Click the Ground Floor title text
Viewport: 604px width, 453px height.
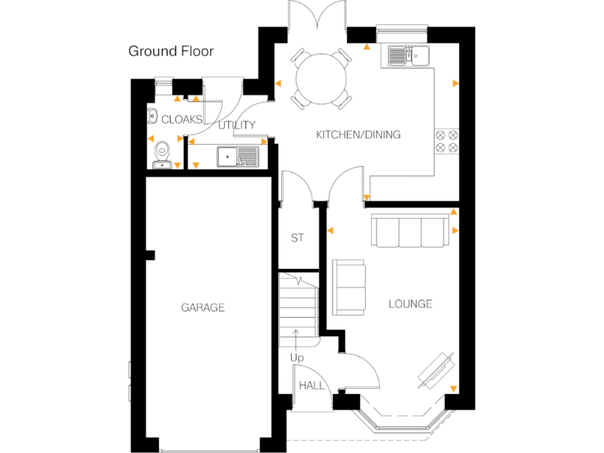pos(171,52)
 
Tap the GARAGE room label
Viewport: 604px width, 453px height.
pos(203,308)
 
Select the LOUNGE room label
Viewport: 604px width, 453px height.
pos(410,304)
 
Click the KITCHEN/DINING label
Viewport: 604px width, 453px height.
pos(358,134)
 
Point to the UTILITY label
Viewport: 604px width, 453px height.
pos(237,125)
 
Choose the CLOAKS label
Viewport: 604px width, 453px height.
pos(182,120)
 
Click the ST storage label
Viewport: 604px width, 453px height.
pos(297,238)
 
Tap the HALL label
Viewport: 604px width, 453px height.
pos(311,385)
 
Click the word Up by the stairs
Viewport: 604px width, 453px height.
pos(296,358)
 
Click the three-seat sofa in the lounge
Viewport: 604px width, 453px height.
pos(409,231)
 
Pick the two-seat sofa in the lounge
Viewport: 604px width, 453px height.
pos(349,287)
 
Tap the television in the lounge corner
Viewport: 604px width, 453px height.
pos(436,368)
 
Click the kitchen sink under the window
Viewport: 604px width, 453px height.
pos(407,56)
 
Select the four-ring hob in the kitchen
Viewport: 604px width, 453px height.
pos(446,140)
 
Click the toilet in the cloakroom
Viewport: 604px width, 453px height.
pos(163,153)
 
